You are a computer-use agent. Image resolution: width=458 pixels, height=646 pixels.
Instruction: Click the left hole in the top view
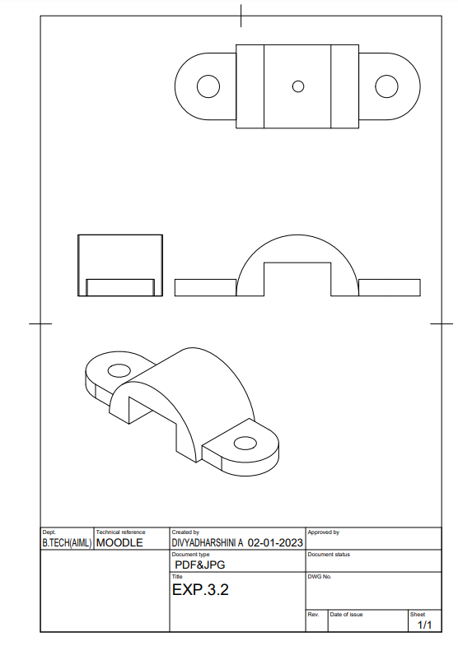pos(208,86)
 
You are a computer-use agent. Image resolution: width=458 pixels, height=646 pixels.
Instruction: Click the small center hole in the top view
pos(298,86)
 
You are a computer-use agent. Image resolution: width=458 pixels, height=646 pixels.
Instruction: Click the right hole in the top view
pos(386,86)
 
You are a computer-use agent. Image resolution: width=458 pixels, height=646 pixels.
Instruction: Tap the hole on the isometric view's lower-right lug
pos(245,444)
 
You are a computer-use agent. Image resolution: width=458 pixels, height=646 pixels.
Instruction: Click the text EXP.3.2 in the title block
pos(199,590)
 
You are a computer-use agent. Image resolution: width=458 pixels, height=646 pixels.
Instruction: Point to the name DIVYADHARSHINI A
pos(208,543)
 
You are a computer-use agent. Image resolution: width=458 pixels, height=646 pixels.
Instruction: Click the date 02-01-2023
pos(275,543)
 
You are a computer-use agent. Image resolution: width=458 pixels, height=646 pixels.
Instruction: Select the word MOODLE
pos(119,543)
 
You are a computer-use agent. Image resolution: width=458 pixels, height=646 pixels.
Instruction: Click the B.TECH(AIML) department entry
pos(68,543)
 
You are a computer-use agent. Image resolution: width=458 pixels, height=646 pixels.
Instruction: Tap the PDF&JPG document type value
pos(200,565)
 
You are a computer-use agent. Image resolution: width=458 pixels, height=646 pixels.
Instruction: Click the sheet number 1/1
pos(425,625)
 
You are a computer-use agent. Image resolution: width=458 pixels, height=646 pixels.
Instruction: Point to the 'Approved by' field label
pos(323,532)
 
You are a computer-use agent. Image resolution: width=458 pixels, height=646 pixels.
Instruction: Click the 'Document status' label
pos(329,555)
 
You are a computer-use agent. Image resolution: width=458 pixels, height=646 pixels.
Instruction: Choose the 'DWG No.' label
pos(320,577)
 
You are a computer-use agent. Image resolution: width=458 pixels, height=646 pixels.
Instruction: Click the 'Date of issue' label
pos(346,615)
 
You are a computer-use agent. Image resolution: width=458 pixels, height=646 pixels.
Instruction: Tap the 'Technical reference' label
pos(120,532)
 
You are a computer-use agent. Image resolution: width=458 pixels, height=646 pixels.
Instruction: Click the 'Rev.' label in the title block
pos(313,615)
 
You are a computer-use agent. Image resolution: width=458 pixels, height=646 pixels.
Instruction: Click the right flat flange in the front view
pos(390,286)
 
